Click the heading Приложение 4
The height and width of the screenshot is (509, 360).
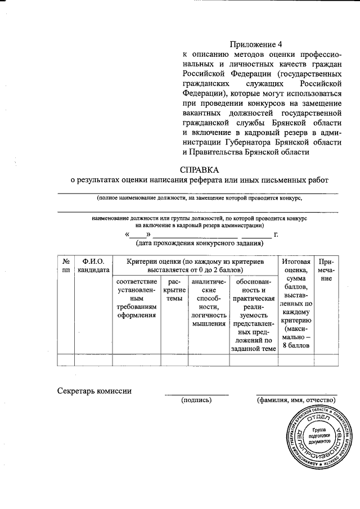coord(255,44)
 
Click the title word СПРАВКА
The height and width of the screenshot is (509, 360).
coord(199,169)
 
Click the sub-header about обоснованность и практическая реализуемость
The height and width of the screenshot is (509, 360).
coord(254,315)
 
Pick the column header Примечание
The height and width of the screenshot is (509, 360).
coord(326,270)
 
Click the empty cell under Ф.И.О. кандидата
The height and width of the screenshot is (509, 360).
coord(93,360)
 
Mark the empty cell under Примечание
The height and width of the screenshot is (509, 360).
coord(326,360)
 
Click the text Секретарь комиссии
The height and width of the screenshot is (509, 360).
coord(94,391)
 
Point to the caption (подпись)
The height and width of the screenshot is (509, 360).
coord(196,400)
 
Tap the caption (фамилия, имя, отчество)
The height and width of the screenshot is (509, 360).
coord(296,400)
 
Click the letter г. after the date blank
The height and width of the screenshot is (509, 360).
coord(276,233)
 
